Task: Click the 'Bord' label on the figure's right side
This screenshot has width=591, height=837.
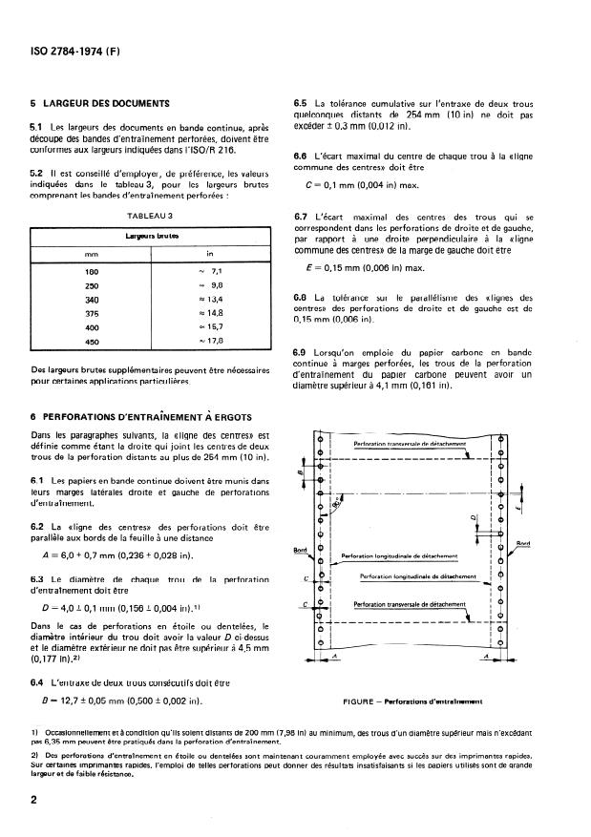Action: pyautogui.click(x=523, y=544)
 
